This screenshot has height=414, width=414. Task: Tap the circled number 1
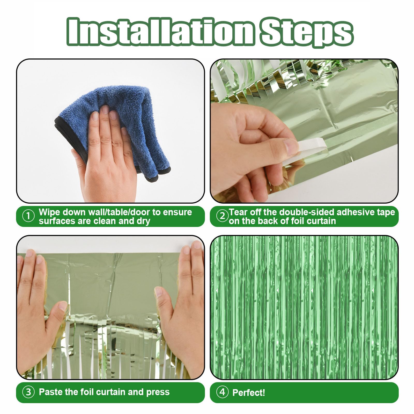pos(28,216)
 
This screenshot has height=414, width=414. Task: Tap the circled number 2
pos(222,216)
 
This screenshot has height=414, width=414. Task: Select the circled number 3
pos(28,392)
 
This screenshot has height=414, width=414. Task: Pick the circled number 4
pos(222,392)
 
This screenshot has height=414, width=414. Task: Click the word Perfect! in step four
pos(249,393)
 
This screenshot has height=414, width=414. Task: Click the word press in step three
pos(158,392)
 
